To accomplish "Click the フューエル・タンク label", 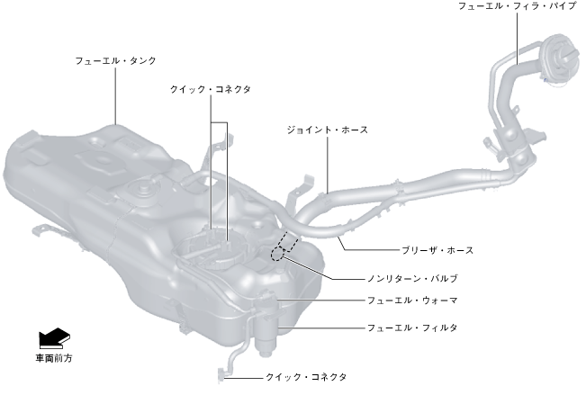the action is pos(116,60).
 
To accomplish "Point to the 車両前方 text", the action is pos(53,358).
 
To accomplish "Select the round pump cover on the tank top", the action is pos(141,193).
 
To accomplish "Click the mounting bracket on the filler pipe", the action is pos(535,138).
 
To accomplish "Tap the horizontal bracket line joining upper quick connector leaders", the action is pos(220,121).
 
